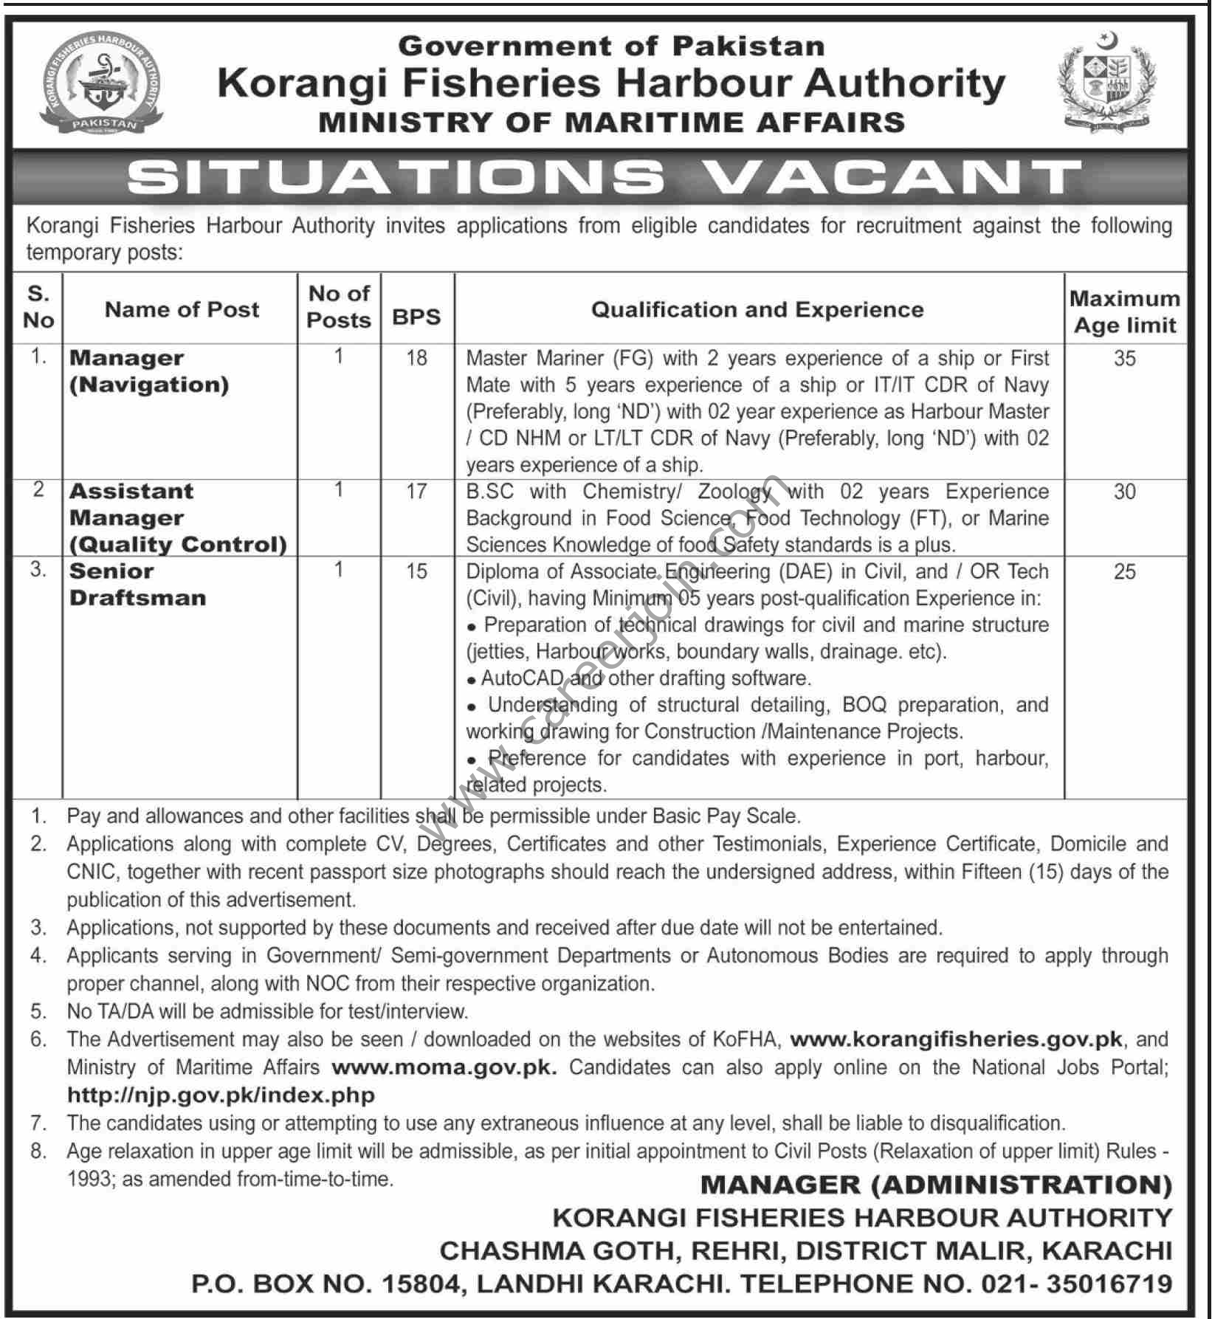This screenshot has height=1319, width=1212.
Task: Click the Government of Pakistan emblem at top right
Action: point(1106,83)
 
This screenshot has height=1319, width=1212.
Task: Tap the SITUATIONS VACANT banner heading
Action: point(605,178)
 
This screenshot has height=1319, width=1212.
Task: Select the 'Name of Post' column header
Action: point(182,309)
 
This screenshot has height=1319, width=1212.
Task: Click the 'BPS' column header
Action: point(416,317)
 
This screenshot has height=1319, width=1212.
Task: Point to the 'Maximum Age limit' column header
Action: point(1125,312)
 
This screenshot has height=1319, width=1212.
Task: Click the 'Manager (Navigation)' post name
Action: point(149,371)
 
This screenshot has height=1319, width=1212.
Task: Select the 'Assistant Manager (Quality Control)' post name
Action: point(178,518)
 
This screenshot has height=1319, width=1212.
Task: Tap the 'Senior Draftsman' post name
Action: point(137,585)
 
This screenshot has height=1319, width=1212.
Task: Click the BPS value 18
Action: point(417,358)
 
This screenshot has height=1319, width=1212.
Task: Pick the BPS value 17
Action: point(417,492)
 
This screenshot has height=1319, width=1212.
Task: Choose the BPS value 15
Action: point(417,571)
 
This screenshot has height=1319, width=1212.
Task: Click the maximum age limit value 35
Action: point(1125,359)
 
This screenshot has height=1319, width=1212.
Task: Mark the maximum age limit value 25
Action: point(1125,571)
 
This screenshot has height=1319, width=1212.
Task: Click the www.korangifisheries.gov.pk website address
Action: point(957,1039)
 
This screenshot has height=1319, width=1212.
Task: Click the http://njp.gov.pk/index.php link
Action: point(221,1095)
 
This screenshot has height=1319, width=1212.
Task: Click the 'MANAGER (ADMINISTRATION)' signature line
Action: point(936,1185)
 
